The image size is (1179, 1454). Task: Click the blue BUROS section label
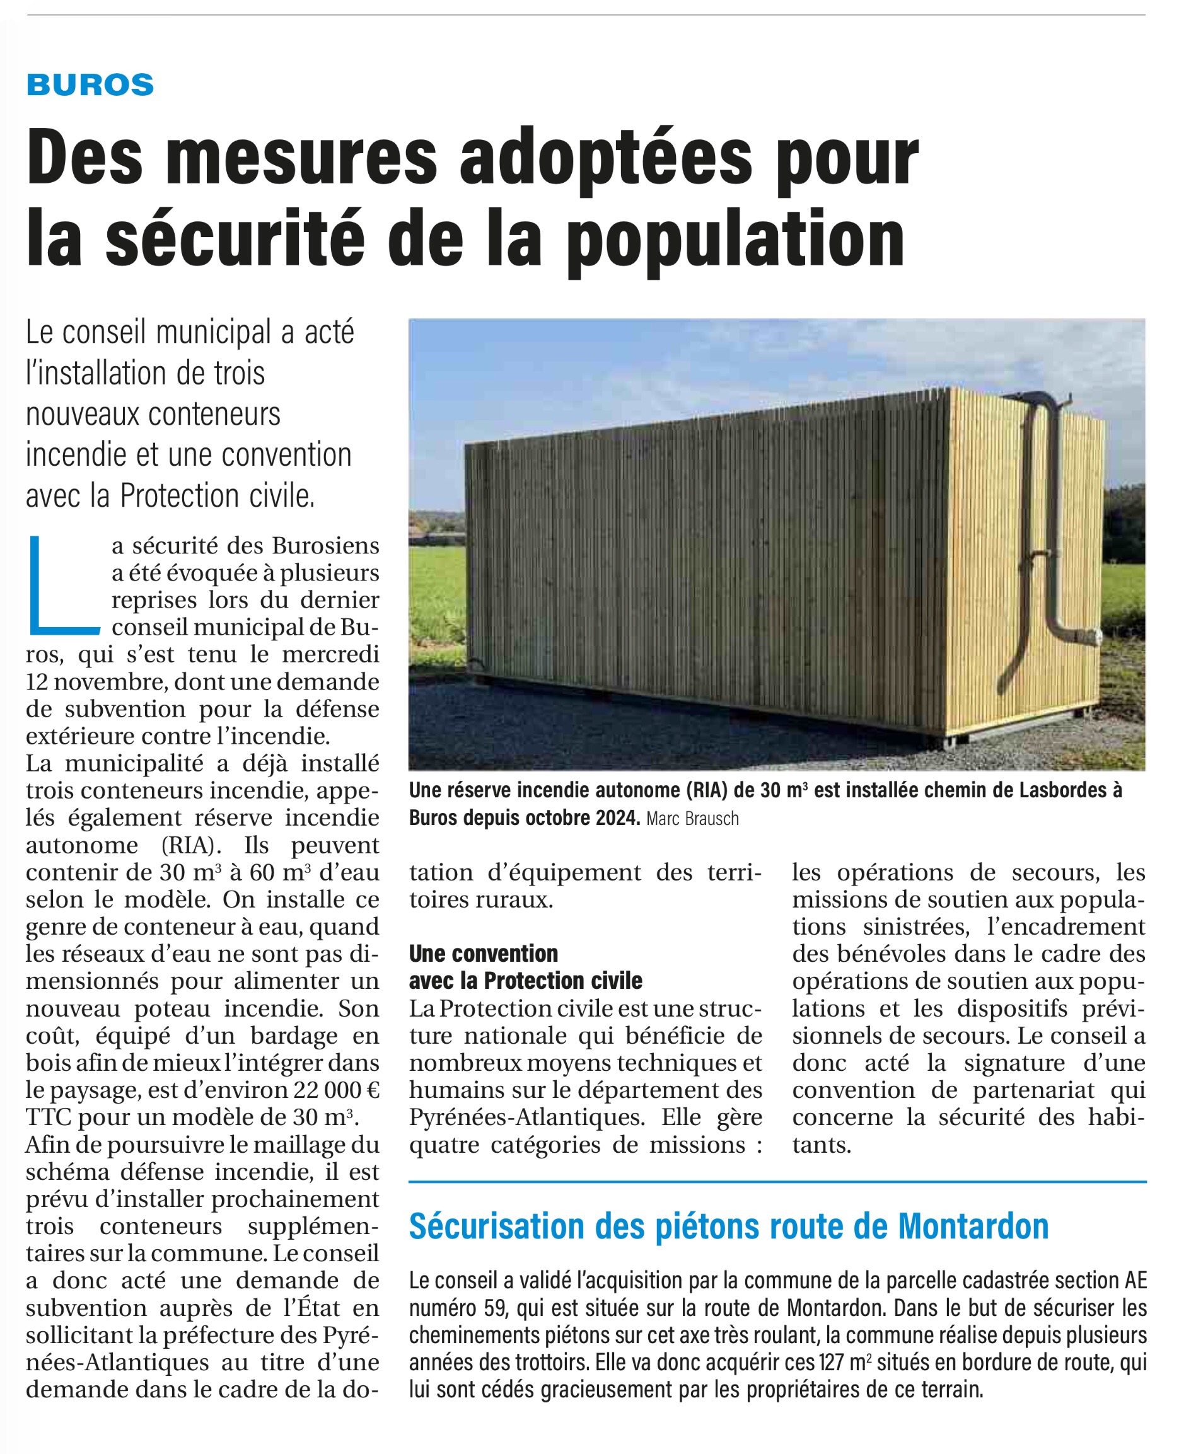click(90, 85)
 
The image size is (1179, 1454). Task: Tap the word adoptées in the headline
click(606, 159)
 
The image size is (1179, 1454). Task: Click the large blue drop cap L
click(62, 585)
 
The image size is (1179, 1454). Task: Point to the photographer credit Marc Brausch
click(692, 819)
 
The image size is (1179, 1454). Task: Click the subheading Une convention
click(483, 954)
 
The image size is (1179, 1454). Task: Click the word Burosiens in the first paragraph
click(325, 546)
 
